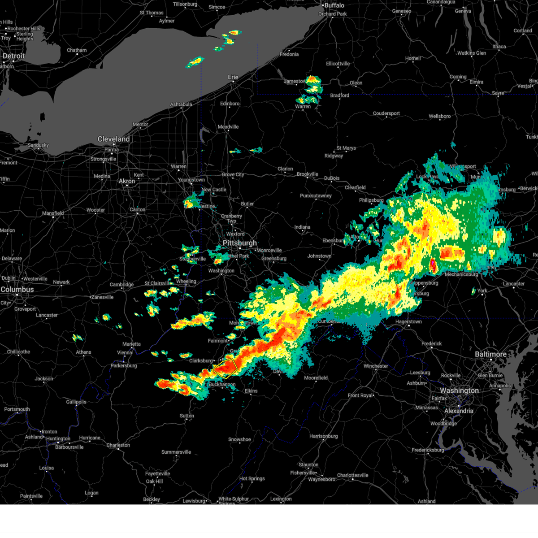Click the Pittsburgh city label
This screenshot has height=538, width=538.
[x=240, y=243]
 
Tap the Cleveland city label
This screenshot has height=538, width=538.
[x=113, y=139]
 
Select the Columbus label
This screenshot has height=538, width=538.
[x=17, y=290]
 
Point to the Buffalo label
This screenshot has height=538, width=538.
[x=334, y=5]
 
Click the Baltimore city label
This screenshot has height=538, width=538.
[x=490, y=354]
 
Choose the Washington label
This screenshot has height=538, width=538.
[x=459, y=390]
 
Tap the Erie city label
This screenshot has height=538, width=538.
[x=233, y=77]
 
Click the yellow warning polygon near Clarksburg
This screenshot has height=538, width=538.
[x=226, y=368]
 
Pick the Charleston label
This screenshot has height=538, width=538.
[x=118, y=445]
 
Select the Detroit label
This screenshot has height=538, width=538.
[x=14, y=56]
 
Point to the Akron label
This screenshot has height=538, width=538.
[x=126, y=181]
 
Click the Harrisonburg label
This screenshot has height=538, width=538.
[x=323, y=436]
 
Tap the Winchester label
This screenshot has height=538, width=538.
[x=376, y=366]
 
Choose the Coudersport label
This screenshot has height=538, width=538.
[x=386, y=113]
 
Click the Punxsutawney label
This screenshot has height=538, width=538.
[x=316, y=196]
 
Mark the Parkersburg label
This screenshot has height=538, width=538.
[x=124, y=366]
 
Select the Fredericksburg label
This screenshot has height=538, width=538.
[x=428, y=450]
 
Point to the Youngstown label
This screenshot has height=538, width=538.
[x=191, y=180]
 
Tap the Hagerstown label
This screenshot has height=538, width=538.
[x=408, y=322]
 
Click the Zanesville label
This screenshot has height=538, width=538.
[x=102, y=297]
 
